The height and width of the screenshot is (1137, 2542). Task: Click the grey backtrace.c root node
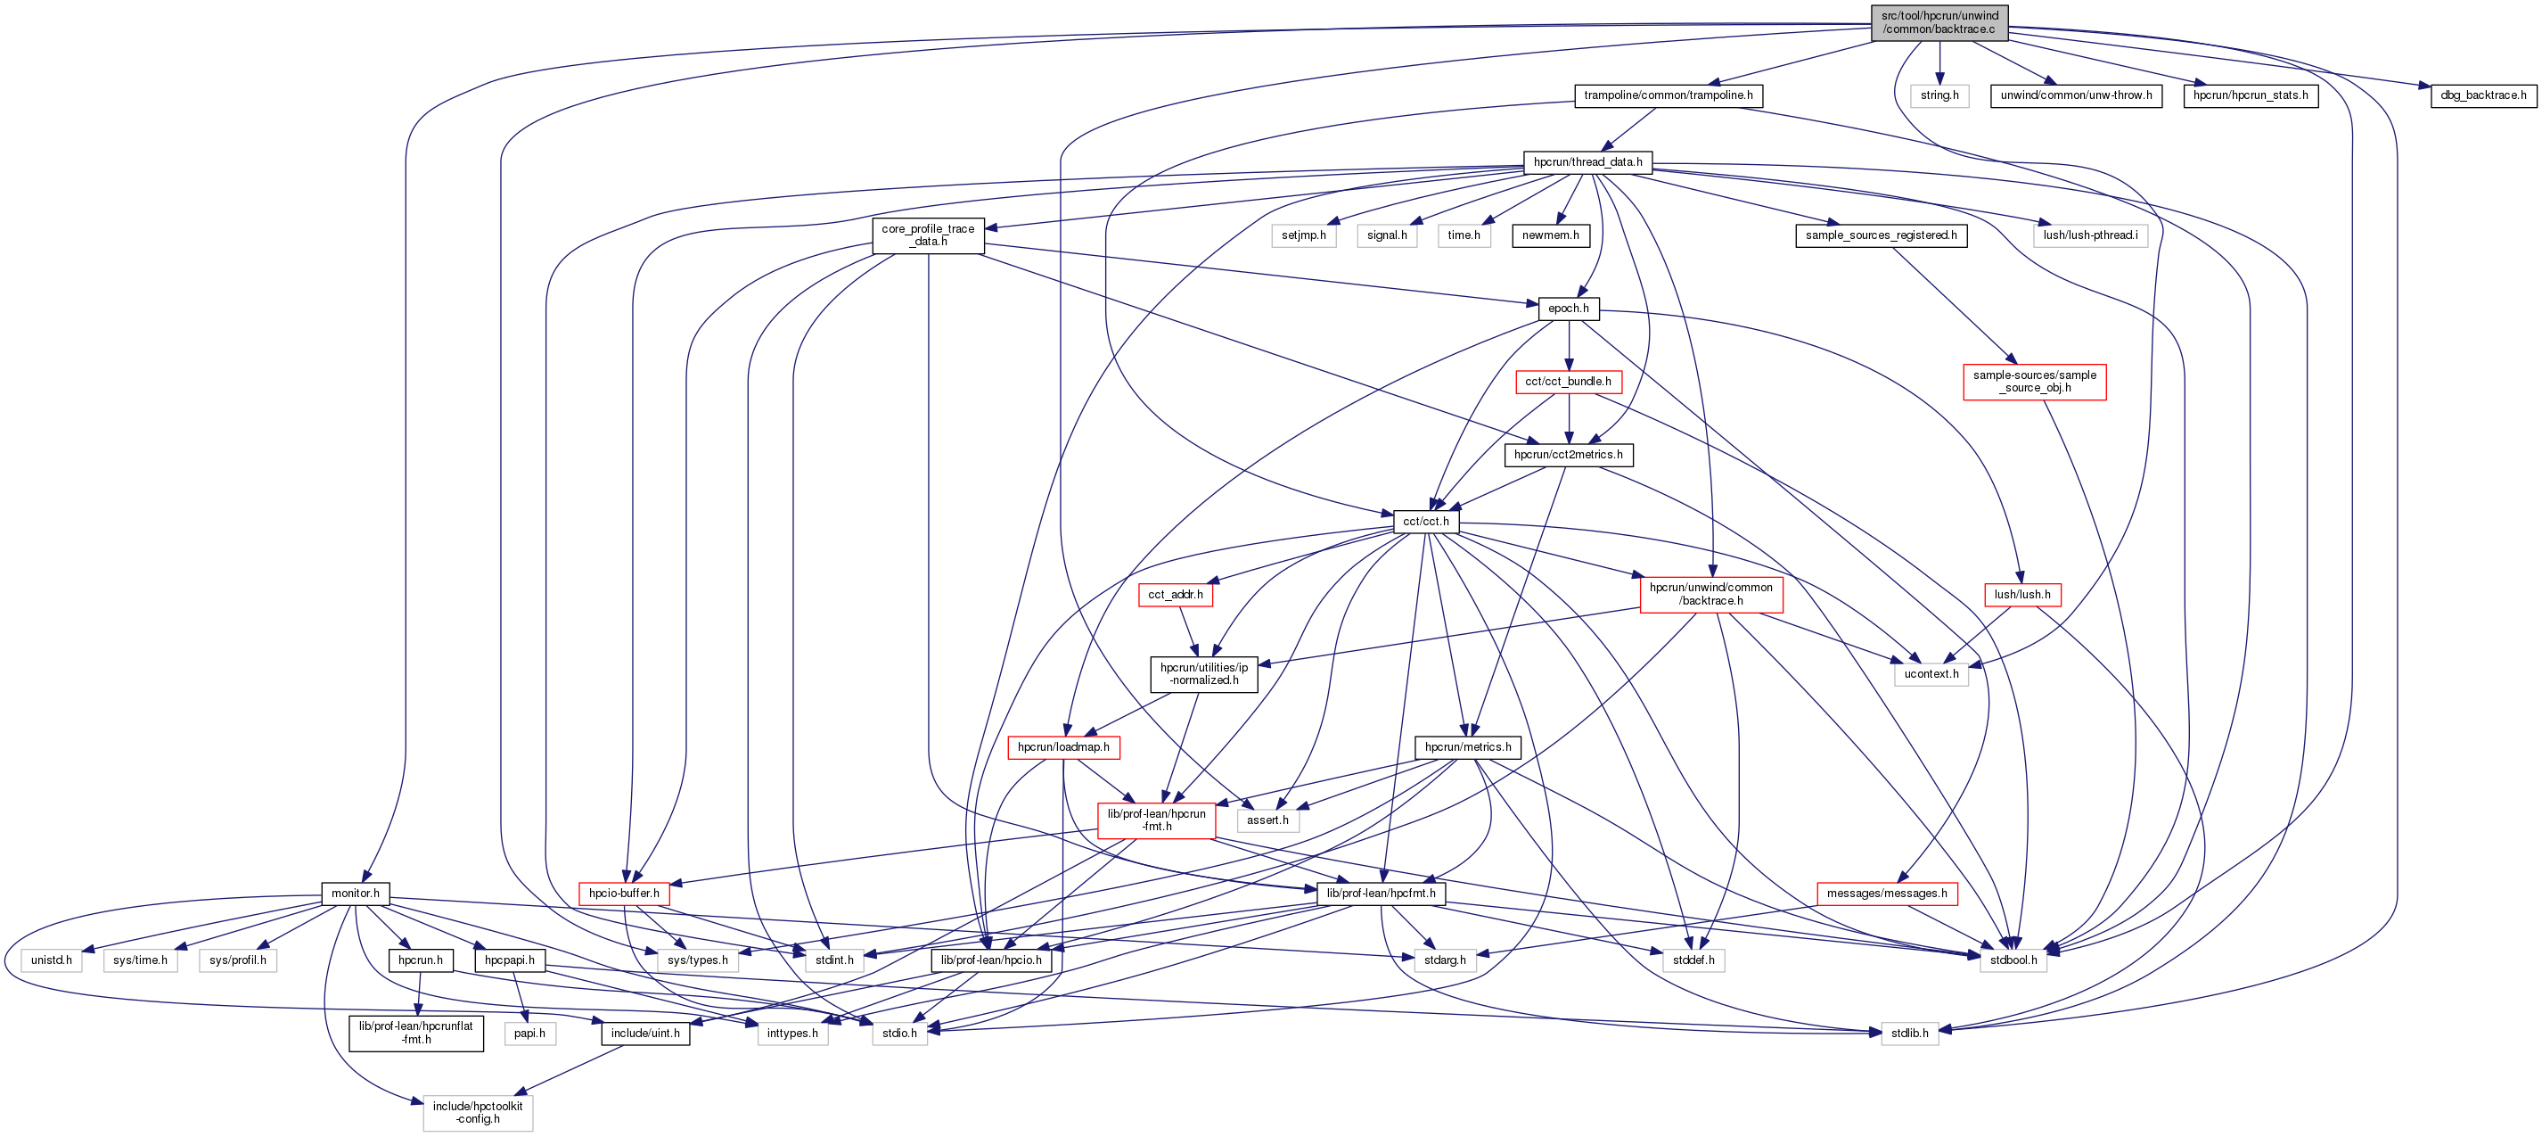1939,22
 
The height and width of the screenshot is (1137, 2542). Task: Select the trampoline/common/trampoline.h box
1668,95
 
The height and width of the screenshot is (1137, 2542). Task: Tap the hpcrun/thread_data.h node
1587,162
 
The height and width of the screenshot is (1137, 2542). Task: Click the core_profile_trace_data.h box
928,235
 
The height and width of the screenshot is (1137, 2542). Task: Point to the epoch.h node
1568,309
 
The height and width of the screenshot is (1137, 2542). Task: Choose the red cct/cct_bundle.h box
1568,382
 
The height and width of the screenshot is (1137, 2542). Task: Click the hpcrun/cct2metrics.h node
1568,455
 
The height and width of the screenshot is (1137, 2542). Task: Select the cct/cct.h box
1426,521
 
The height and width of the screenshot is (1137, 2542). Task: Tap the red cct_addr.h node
1176,595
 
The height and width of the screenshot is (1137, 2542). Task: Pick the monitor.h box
356,894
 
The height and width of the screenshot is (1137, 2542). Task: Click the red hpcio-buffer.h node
624,894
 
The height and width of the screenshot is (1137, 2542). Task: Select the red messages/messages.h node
1887,894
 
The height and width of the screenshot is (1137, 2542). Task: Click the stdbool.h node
2013,960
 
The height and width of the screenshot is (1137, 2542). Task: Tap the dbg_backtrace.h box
2483,95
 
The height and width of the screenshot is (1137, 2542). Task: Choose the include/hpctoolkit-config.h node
478,1112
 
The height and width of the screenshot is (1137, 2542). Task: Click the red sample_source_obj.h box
2035,382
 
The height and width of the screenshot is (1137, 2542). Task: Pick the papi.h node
530,1034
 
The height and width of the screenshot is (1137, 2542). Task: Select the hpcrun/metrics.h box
1467,747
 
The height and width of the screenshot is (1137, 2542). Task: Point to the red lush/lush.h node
2022,595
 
